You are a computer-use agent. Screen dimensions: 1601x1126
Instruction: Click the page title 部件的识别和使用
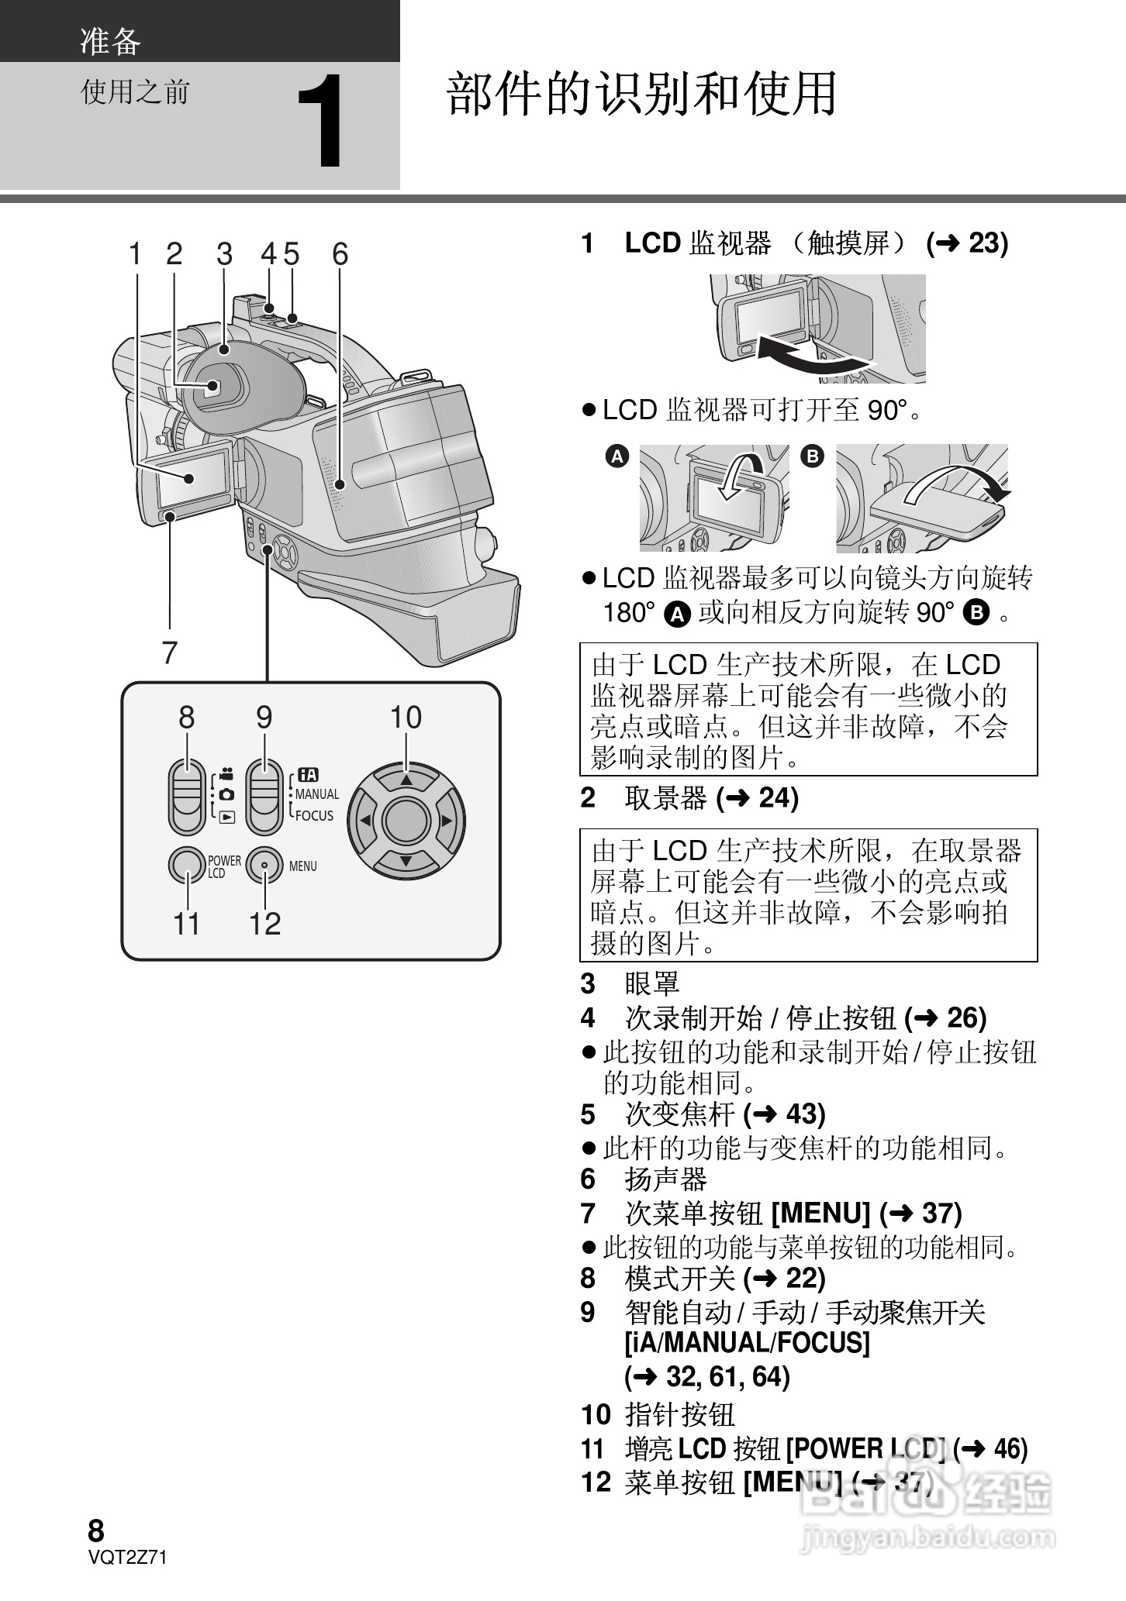pyautogui.click(x=641, y=94)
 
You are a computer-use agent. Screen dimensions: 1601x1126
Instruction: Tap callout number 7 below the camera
pyautogui.click(x=170, y=652)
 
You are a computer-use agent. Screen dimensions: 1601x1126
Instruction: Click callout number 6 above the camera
pyautogui.click(x=340, y=253)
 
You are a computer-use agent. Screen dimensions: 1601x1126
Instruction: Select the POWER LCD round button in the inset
pyautogui.click(x=186, y=866)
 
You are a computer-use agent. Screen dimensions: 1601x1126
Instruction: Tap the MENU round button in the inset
pyautogui.click(x=264, y=866)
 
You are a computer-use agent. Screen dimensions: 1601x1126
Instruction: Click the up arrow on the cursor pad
pyautogui.click(x=406, y=779)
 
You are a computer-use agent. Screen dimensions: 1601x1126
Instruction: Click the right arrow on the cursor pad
pyautogui.click(x=447, y=820)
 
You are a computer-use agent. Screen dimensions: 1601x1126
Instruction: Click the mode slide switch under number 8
pyautogui.click(x=186, y=797)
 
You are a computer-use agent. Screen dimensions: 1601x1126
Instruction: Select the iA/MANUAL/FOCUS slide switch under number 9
pyautogui.click(x=264, y=797)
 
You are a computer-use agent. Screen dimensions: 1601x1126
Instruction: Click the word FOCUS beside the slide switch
pyautogui.click(x=314, y=815)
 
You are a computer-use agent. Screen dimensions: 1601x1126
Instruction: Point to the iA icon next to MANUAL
pyautogui.click(x=308, y=774)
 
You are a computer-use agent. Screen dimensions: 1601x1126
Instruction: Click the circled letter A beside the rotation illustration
pyautogui.click(x=617, y=456)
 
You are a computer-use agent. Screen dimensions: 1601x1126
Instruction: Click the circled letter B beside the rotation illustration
pyautogui.click(x=812, y=456)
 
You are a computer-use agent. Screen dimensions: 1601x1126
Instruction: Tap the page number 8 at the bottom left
pyautogui.click(x=95, y=1530)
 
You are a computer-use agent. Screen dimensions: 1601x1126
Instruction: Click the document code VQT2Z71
pyautogui.click(x=128, y=1558)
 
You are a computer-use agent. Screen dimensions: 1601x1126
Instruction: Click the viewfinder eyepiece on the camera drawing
pyautogui.click(x=213, y=387)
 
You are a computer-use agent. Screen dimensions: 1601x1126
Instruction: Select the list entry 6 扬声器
pyautogui.click(x=644, y=1179)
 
